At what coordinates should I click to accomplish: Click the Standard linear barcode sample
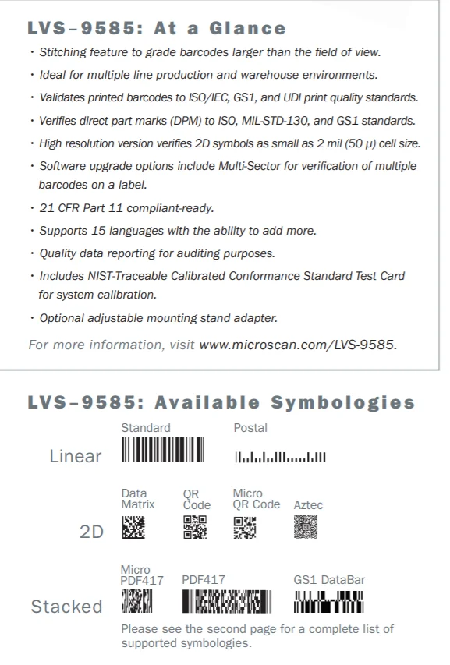point(162,451)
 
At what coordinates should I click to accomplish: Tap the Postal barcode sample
point(280,455)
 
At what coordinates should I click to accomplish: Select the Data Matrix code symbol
point(133,529)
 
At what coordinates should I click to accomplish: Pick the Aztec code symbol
point(306,528)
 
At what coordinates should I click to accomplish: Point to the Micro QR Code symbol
point(246,529)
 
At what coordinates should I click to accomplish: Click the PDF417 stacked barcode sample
point(226,601)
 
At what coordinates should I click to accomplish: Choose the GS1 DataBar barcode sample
point(328,601)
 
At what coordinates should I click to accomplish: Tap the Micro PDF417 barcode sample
point(136,601)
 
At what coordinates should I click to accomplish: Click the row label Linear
point(75,456)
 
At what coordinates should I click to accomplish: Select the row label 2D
point(91,532)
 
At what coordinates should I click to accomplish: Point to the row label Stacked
point(66,606)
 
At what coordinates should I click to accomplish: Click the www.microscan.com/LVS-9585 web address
point(298,344)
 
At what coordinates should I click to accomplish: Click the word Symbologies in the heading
point(342,402)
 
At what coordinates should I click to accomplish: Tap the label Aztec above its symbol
point(308,504)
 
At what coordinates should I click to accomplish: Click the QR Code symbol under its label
point(195,529)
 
